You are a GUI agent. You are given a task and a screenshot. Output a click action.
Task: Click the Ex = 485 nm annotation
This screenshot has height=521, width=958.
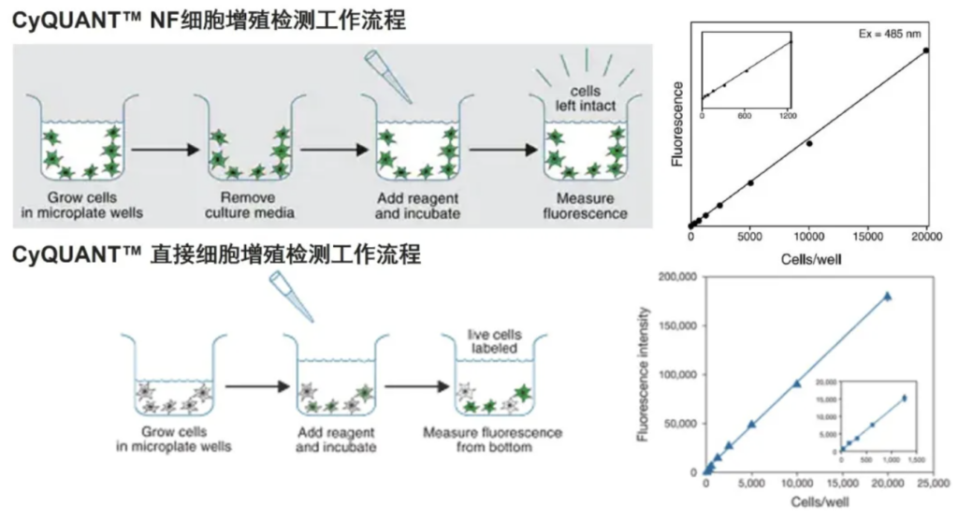point(889,35)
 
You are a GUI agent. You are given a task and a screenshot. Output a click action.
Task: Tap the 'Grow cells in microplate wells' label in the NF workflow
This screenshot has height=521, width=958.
point(82,205)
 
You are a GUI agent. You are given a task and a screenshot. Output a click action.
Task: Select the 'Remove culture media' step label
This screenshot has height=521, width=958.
point(249,205)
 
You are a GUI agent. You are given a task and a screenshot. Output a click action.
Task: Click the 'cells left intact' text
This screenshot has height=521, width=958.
point(586,98)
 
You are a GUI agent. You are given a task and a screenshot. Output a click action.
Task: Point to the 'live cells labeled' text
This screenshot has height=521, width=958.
point(494,341)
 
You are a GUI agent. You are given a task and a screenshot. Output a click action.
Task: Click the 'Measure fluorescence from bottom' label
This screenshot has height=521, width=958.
point(493,440)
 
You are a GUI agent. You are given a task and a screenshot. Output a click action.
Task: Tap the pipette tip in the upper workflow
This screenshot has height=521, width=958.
point(388,76)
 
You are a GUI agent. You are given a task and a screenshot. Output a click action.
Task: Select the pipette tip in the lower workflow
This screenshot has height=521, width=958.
point(292,297)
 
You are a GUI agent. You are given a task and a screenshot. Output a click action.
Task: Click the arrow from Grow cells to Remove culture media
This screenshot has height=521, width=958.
point(166,150)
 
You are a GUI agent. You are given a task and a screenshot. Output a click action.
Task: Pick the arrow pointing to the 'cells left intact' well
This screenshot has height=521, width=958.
point(503,150)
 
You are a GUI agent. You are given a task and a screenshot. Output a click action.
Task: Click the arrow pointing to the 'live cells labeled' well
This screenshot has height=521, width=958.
point(417,386)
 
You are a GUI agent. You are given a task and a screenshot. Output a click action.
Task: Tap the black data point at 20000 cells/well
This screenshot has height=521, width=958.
point(925,51)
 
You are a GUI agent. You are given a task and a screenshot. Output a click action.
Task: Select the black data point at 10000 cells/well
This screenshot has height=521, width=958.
point(809,143)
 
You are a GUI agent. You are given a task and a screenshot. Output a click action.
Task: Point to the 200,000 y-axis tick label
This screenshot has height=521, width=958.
point(677,277)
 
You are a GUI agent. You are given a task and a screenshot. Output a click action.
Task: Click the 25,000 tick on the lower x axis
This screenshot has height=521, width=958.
point(933,484)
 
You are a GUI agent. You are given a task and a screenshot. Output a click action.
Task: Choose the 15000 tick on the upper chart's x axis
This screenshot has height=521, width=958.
point(868,237)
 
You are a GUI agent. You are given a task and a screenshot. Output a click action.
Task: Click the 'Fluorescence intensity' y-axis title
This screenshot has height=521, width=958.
point(642,374)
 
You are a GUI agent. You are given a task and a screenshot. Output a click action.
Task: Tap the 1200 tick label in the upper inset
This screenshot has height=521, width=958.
point(788,115)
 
